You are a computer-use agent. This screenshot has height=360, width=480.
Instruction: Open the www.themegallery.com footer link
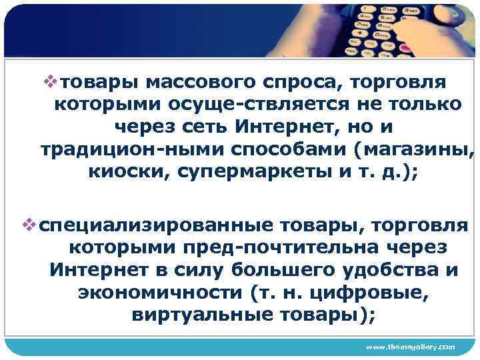coord(411,347)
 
